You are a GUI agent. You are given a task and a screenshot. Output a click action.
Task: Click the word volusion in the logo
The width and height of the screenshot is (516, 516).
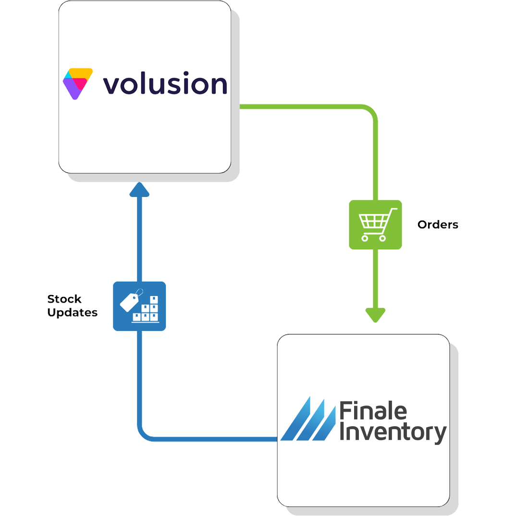[165, 85]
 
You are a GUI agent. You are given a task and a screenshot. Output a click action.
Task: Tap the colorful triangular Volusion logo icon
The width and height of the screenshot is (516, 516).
[77, 83]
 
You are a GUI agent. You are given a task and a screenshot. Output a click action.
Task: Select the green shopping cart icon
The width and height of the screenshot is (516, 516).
[375, 224]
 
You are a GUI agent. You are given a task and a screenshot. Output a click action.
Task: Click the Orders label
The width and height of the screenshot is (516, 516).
[438, 224]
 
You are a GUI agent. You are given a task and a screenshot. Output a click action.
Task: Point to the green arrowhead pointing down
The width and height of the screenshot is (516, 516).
[375, 315]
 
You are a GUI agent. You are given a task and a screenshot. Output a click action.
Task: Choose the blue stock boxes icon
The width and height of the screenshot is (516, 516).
[139, 306]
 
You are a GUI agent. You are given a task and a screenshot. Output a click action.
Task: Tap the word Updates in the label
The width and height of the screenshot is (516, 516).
[72, 313]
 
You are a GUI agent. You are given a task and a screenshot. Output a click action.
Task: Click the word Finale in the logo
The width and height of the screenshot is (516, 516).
[373, 412]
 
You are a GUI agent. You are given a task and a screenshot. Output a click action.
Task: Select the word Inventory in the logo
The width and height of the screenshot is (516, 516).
[393, 432]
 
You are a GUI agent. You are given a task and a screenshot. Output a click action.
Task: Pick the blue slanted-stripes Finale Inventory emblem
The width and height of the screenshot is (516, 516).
[308, 418]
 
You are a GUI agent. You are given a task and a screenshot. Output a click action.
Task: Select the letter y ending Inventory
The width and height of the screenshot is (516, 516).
[439, 435]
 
